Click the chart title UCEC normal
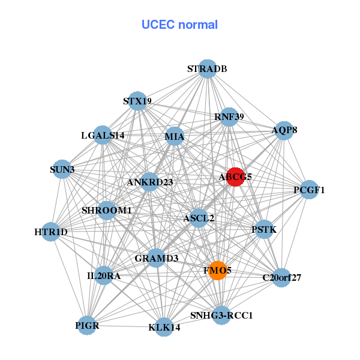pyautogui.click(x=179, y=25)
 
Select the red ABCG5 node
pyautogui.click(x=235, y=177)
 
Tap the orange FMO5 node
pyautogui.click(x=217, y=271)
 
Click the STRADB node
pyautogui.click(x=207, y=69)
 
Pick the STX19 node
pyautogui.click(x=137, y=101)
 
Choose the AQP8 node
pyautogui.click(x=284, y=130)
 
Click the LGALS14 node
pyautogui.click(x=103, y=136)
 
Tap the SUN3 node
pyautogui.click(x=62, y=170)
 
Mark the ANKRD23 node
pyautogui.click(x=150, y=182)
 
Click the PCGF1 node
pyautogui.click(x=309, y=190)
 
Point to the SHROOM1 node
pyautogui.click(x=107, y=211)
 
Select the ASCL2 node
pyautogui.click(x=199, y=218)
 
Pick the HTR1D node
pyautogui.click(x=51, y=232)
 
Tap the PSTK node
pyautogui.click(x=265, y=229)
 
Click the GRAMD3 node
pyautogui.click(x=157, y=259)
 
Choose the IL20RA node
pyautogui.click(x=104, y=276)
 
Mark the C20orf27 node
pyautogui.click(x=281, y=277)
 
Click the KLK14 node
pyautogui.click(x=164, y=328)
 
